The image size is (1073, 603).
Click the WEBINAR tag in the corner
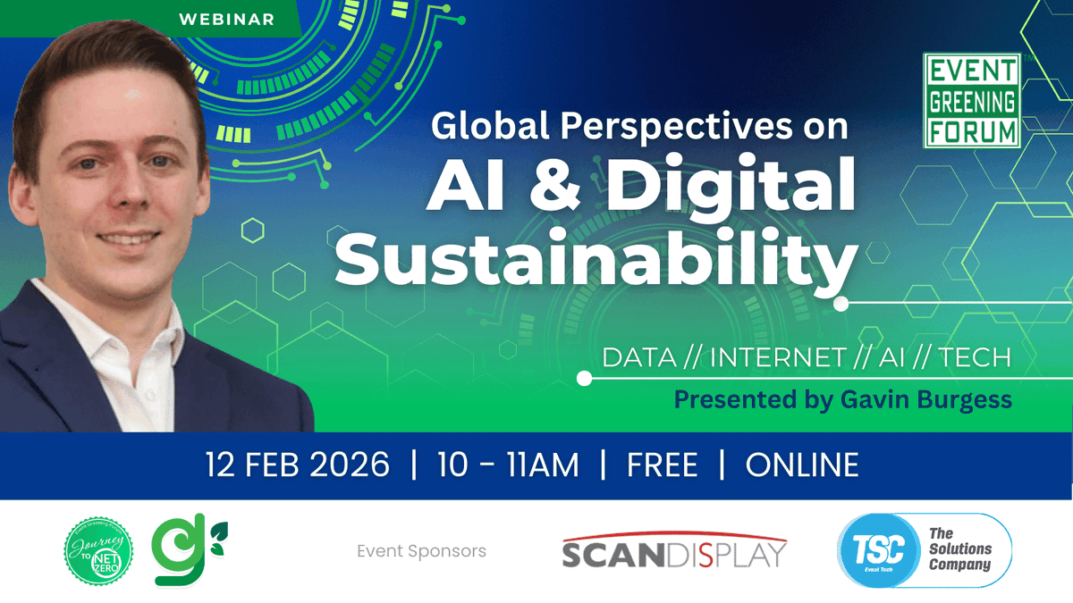pos(226,18)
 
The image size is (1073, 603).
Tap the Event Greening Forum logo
pos(972,101)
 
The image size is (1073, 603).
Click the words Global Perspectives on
pos(639,126)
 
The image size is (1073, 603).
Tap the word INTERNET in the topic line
pos(777,358)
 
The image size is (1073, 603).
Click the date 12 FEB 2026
pos(298,465)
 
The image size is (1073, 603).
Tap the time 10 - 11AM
pos(508,465)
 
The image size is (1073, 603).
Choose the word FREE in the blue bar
pos(663,465)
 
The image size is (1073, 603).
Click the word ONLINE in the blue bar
pos(802,465)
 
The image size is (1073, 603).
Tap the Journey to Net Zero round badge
pos(98,551)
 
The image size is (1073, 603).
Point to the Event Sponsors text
pos(421,551)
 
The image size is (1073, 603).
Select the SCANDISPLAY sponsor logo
pos(674,551)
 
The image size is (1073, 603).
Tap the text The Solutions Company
pos(959,549)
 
